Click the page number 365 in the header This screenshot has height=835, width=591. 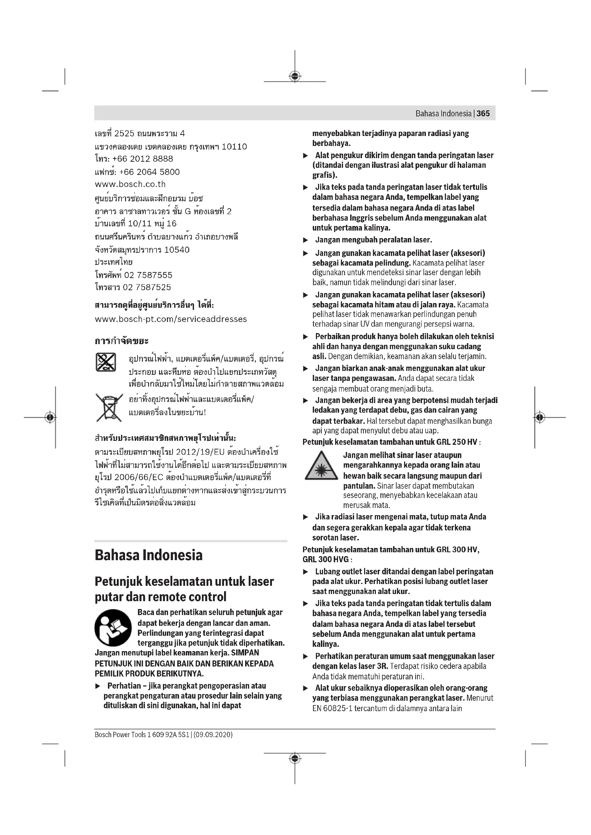coord(483,114)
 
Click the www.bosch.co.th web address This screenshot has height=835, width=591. coord(130,184)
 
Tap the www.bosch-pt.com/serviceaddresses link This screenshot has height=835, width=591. coord(171,319)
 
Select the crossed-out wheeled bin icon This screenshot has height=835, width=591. coord(109,407)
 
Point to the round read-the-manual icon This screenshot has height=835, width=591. coord(113,628)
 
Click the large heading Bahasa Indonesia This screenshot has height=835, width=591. coord(149,555)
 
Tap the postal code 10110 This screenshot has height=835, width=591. coord(234,147)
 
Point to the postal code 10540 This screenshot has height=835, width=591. coord(177,250)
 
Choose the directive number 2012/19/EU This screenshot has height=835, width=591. coord(200,452)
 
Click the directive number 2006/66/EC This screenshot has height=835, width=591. coord(139,477)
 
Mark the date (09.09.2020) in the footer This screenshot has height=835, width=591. coord(213,735)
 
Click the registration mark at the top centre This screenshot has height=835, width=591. coord(295,76)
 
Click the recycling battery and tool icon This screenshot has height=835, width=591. coord(106,362)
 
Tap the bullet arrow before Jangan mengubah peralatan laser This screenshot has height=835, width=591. coord(306,240)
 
